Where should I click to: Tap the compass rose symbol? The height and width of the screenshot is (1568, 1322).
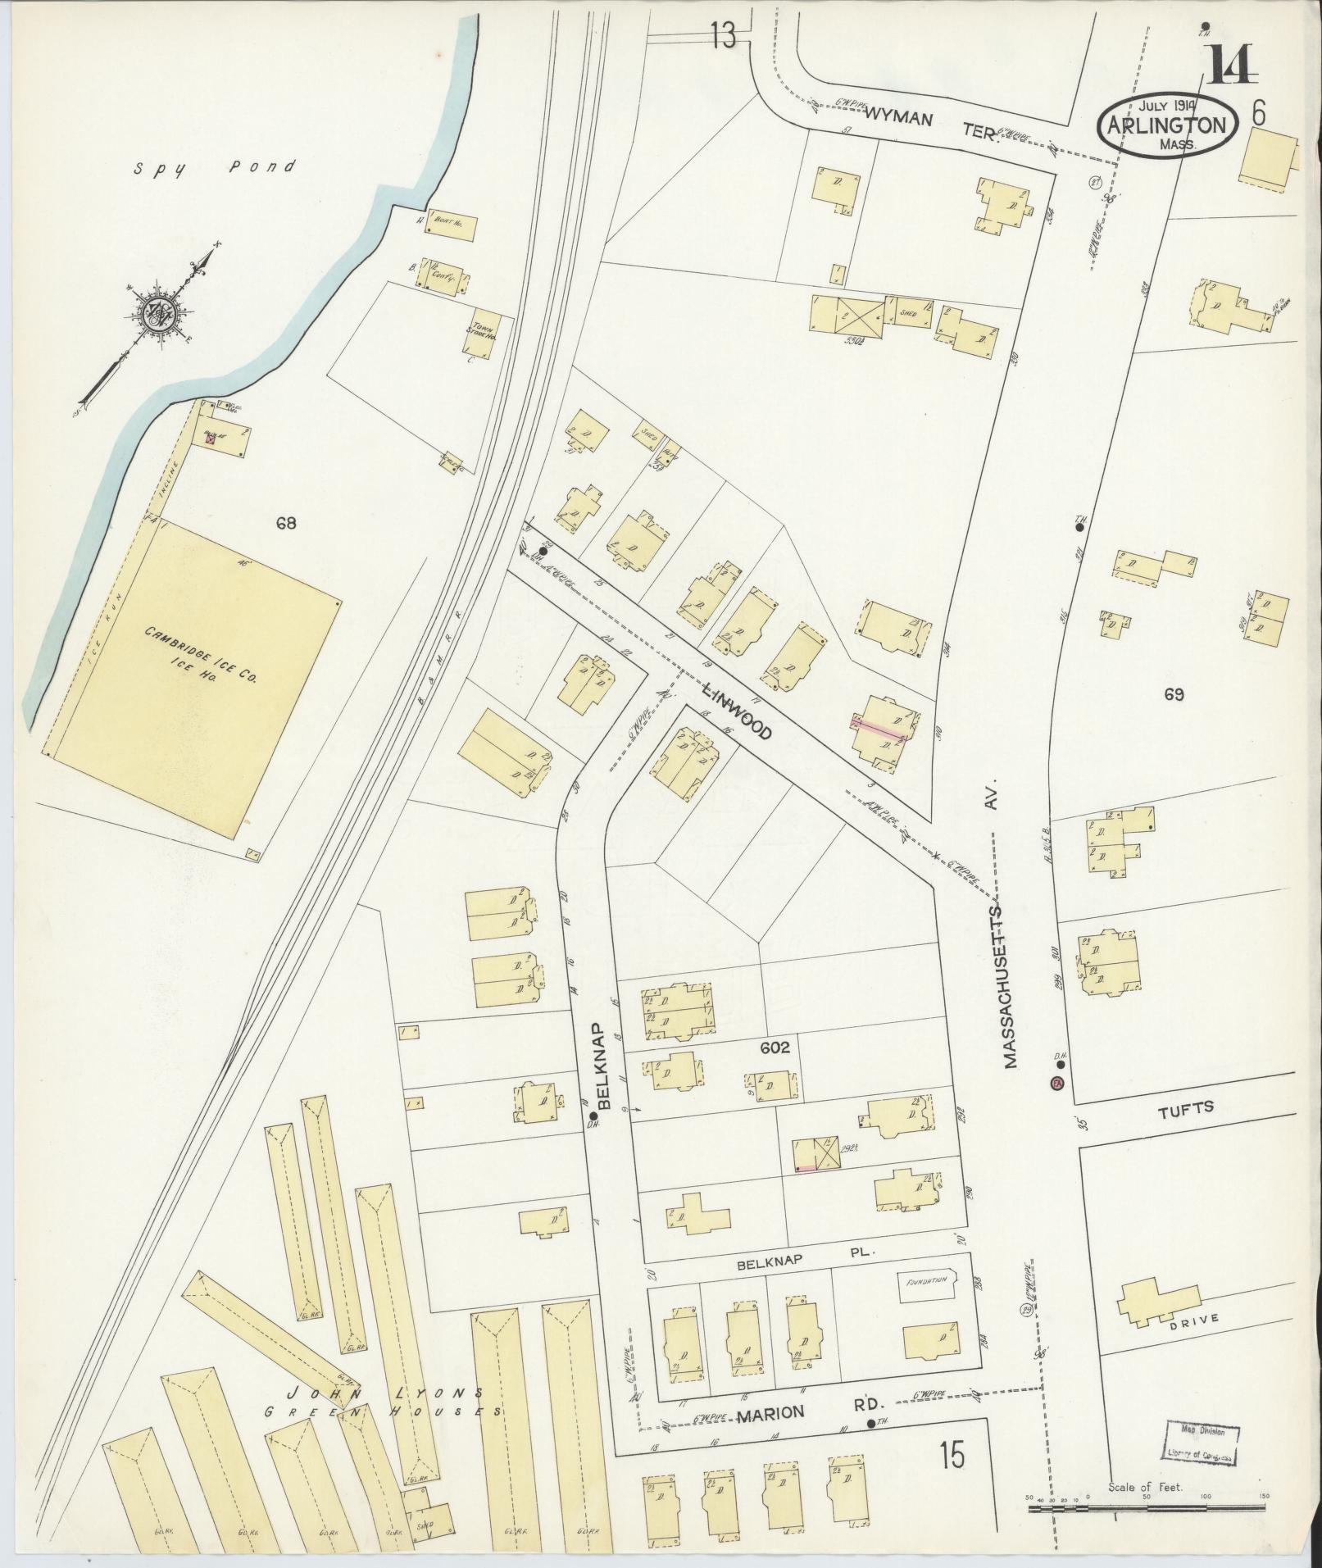[x=156, y=312]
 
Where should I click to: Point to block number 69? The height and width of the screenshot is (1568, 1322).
[x=1173, y=694]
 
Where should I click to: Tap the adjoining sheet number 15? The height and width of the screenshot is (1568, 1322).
[x=952, y=1456]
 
